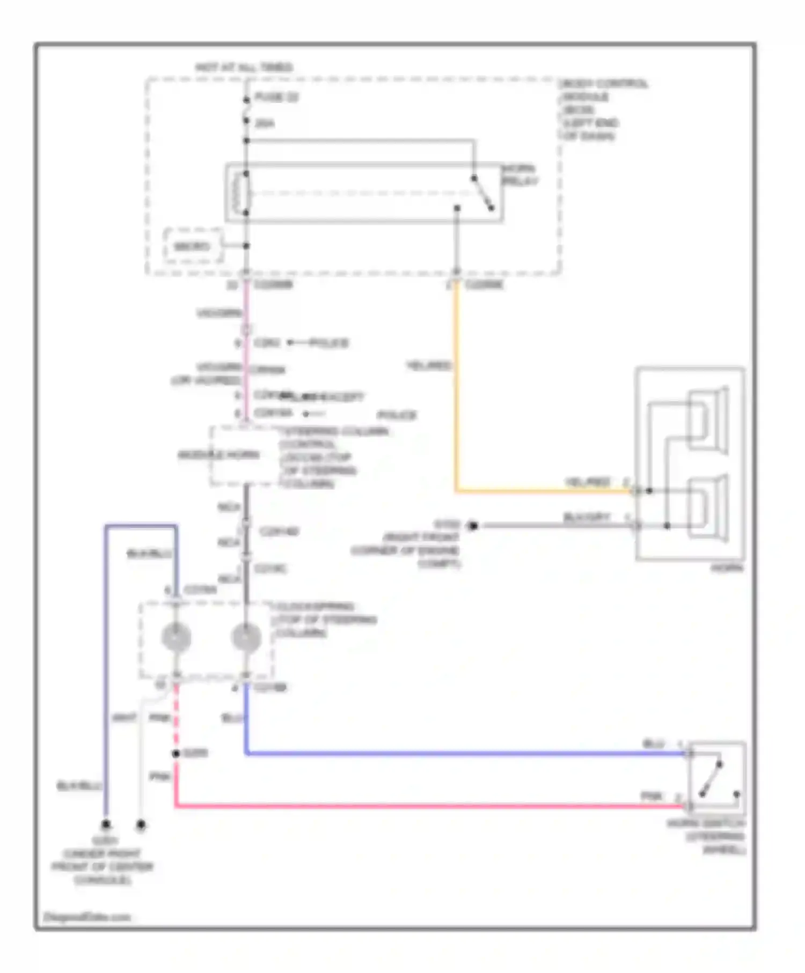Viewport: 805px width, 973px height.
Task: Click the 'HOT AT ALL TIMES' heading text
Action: (244, 68)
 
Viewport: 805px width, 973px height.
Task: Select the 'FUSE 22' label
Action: (276, 98)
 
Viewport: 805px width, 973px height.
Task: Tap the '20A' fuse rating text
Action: (264, 124)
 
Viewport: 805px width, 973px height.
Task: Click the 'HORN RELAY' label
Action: (519, 175)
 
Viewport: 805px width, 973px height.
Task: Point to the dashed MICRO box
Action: (192, 247)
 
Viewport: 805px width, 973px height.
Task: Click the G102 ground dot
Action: (473, 526)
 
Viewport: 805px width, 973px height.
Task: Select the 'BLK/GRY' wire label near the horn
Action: (586, 517)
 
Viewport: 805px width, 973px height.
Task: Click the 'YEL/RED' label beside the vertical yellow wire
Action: (429, 366)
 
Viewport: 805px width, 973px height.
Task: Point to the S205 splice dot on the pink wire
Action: (175, 754)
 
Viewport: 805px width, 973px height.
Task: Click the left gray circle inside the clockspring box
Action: (176, 637)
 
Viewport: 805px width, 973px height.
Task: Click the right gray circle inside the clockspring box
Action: (246, 637)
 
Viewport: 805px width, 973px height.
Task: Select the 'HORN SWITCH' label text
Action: (706, 824)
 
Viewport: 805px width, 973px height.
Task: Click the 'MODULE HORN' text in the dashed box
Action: (218, 455)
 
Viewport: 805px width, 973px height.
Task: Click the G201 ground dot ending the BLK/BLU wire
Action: (106, 824)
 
